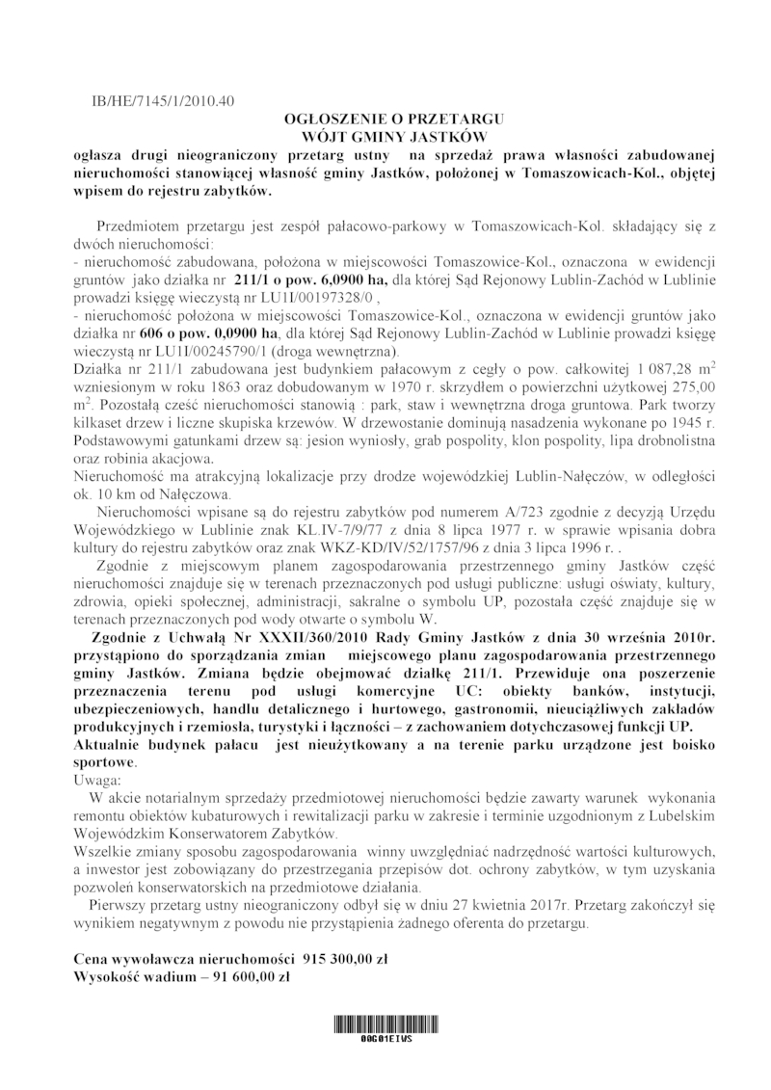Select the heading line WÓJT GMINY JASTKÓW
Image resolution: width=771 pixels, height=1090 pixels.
[385, 136]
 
